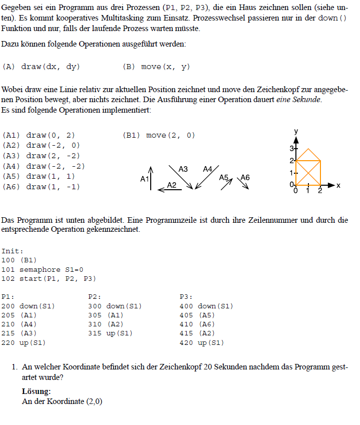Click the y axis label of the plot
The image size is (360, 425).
(296, 131)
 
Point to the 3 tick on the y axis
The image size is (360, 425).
(293, 149)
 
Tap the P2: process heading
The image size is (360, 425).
(95, 297)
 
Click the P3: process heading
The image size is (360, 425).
(186, 297)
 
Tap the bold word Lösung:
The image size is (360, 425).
(36, 391)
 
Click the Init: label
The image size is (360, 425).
(13, 251)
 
